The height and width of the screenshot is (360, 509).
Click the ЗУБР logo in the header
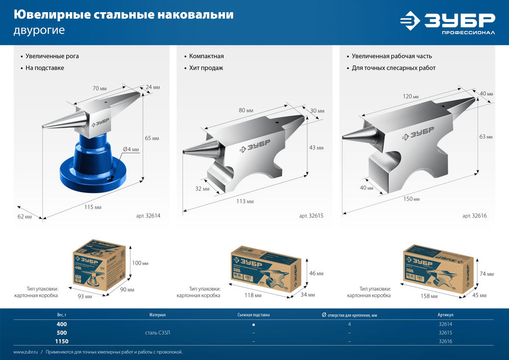447,23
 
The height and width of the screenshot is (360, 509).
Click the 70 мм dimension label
100,89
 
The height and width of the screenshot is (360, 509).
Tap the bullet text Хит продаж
206,68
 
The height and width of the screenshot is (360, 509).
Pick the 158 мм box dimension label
430,296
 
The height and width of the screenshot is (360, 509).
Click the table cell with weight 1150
61,341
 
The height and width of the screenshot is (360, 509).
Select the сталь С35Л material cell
158,333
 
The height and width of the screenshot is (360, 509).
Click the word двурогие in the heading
39,30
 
